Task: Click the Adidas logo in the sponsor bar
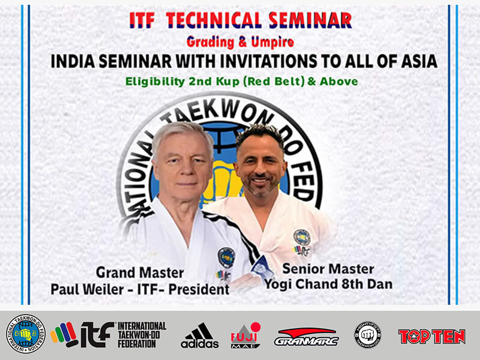(x=200, y=335)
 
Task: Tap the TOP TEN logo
(x=432, y=336)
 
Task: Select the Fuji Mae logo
(x=246, y=335)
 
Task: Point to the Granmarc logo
(x=306, y=336)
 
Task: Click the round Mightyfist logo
(x=367, y=335)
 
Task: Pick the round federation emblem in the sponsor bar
(x=25, y=334)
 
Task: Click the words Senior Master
(x=328, y=268)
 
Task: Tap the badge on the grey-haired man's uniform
(x=226, y=257)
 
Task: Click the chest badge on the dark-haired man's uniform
(x=301, y=236)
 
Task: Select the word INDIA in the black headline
(x=74, y=61)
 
